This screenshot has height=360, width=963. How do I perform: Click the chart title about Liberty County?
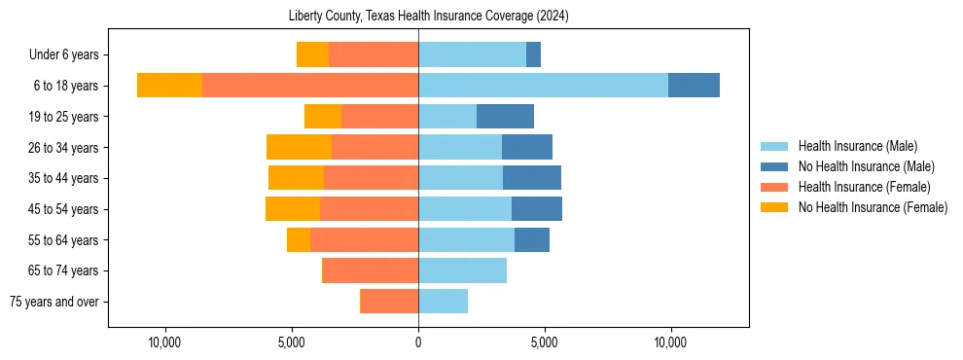click(x=429, y=17)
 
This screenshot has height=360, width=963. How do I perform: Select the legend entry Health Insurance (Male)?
click(x=857, y=146)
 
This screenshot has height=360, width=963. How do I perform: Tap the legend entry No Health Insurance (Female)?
click(x=873, y=207)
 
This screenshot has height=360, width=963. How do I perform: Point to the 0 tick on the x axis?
click(x=418, y=342)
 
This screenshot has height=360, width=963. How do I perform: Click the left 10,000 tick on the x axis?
click(x=165, y=342)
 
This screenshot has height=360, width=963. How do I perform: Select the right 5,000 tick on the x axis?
click(x=545, y=342)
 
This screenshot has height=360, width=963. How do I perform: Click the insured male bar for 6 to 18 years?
click(x=543, y=86)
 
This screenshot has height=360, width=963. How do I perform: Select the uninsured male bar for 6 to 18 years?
click(x=694, y=86)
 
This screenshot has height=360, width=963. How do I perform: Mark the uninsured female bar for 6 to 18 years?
click(x=169, y=86)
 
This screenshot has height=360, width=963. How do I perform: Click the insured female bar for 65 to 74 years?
click(x=371, y=270)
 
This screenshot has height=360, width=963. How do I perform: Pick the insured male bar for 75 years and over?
click(x=443, y=302)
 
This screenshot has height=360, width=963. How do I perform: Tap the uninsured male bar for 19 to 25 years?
click(x=505, y=117)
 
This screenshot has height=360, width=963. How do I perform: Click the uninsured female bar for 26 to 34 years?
click(x=299, y=147)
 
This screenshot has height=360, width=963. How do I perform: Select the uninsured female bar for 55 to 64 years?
click(x=299, y=239)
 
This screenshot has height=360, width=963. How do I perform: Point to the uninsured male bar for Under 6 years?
click(x=533, y=55)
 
